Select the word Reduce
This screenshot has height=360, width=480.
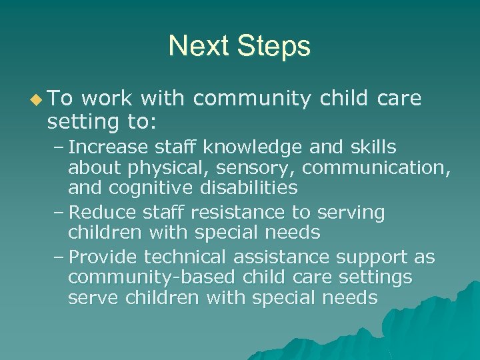pyautogui.click(x=103, y=212)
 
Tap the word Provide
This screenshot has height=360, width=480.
pyautogui.click(x=105, y=257)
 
